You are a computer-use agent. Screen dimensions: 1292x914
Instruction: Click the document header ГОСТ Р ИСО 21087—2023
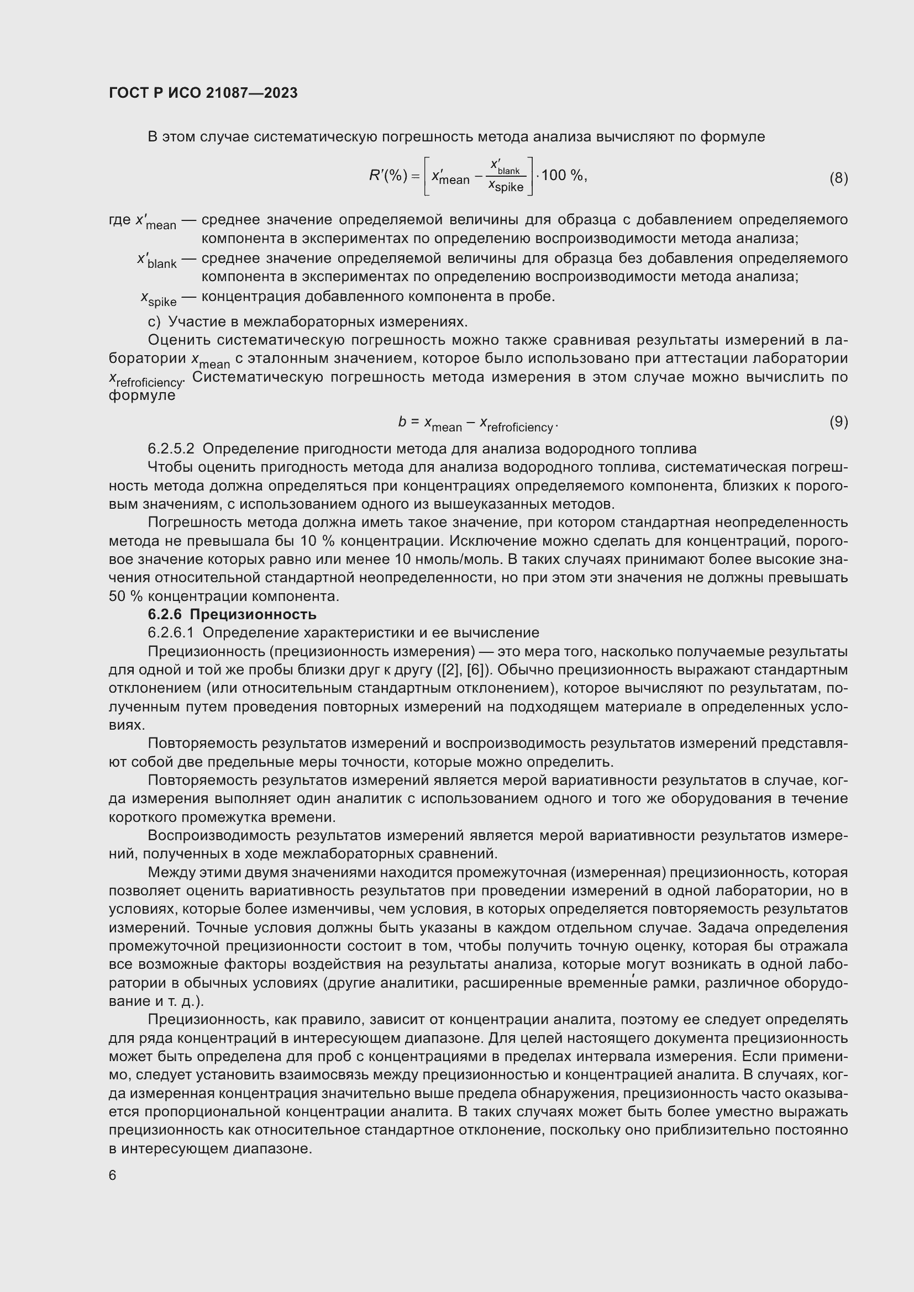203,93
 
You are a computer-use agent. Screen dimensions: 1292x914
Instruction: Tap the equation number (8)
838,178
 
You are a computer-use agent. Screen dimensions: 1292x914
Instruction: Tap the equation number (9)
838,421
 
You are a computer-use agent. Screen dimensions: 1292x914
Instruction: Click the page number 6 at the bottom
113,1175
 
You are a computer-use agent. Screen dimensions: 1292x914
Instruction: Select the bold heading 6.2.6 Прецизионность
232,614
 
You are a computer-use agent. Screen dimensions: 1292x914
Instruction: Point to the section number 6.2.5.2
171,449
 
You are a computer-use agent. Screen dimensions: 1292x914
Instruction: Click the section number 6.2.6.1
171,632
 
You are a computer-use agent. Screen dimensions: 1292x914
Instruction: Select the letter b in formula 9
402,421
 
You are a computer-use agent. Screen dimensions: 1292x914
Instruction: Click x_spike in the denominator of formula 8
506,186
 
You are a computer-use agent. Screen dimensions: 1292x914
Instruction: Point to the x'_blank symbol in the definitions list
157,261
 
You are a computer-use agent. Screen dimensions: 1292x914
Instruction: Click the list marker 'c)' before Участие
154,322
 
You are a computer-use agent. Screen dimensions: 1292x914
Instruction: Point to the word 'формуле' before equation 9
142,395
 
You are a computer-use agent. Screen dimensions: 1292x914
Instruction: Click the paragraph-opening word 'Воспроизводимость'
217,836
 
